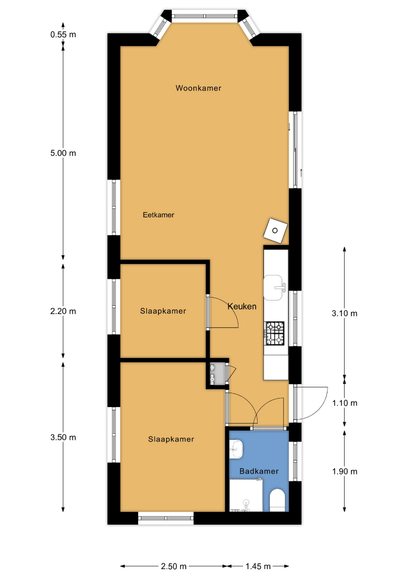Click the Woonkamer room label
coord(198,88)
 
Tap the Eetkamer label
coord(158,215)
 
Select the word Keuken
coord(242,306)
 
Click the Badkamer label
coord(259,471)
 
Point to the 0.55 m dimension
coord(63,35)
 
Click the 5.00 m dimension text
coord(63,153)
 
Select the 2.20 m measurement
coord(63,311)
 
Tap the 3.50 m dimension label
coord(63,438)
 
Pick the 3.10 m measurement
coord(345,314)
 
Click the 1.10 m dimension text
coord(345,403)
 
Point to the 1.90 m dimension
coord(345,472)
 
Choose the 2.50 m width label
coord(174,566)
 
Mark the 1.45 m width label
coord(258,566)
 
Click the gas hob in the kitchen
coord(275,333)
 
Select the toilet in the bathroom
coord(277,501)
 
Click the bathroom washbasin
coord(236,450)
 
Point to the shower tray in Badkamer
coord(246,495)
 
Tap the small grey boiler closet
coord(217,373)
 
